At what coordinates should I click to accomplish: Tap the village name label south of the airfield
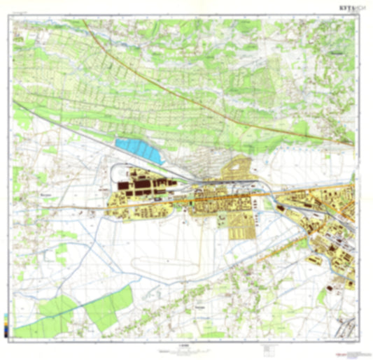pyautogui.click(x=199, y=306)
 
